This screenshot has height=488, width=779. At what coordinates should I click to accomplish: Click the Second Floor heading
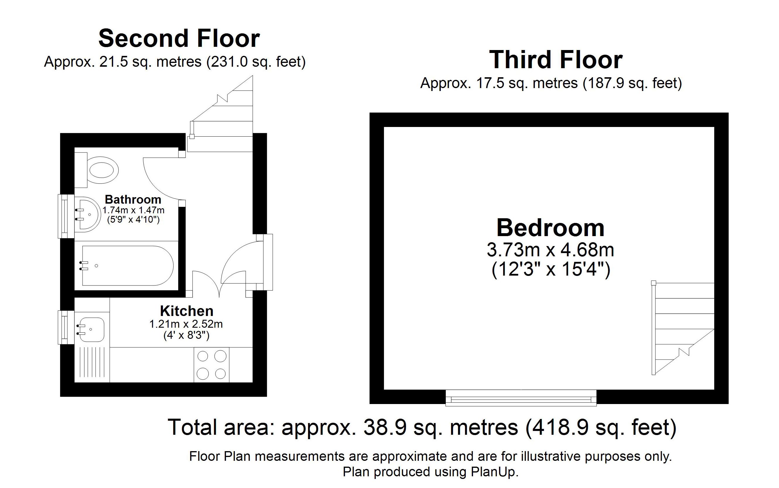point(179,38)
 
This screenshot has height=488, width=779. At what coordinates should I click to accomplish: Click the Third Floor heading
point(556,60)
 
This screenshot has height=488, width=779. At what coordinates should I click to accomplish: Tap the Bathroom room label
point(133,200)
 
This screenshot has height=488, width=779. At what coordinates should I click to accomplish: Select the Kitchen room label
point(186,311)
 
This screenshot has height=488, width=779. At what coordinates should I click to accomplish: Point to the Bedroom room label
point(550,228)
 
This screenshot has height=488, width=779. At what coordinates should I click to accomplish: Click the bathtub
point(128,266)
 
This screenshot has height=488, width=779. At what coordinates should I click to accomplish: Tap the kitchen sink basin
point(91,329)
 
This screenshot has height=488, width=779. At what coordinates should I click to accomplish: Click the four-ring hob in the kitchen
point(211,365)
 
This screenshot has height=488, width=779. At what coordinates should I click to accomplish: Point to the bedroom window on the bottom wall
point(521,398)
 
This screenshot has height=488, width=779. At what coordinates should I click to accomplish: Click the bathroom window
point(66,216)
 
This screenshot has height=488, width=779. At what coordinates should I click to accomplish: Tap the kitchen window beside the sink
point(66,328)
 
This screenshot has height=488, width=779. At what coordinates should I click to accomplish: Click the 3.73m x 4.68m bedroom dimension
point(550,250)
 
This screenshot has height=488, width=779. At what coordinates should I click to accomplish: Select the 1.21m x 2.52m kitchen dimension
point(186,324)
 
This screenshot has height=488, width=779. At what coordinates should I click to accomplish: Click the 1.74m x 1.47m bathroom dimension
point(133,210)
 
